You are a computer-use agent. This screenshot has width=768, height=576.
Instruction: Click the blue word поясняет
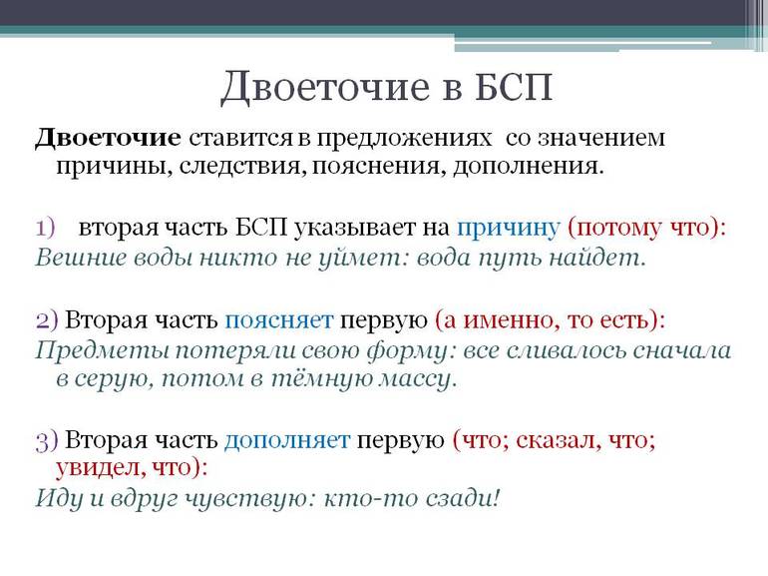coord(278,319)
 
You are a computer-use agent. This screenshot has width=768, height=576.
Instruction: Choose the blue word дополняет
coord(287,440)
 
